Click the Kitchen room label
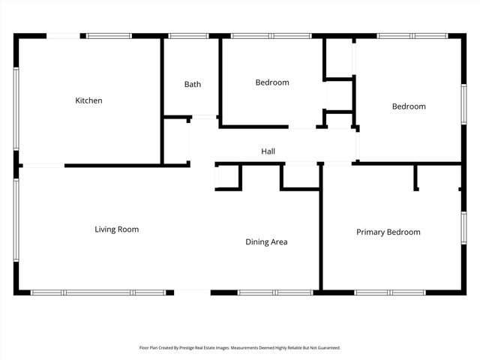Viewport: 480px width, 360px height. [88, 100]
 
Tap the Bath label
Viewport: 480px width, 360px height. [193, 85]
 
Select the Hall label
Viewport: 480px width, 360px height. [268, 151]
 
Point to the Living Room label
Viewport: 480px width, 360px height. [116, 229]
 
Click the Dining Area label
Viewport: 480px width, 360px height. [266, 242]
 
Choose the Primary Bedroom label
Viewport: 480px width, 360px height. [388, 232]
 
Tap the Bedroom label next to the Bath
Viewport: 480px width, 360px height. [271, 82]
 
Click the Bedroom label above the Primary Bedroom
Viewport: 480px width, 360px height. [409, 106]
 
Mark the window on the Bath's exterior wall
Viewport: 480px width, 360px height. [187, 35]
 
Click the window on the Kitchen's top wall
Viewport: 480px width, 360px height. [109, 35]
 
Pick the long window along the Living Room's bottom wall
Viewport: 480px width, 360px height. [97, 292]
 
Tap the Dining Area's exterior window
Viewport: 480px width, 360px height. [274, 292]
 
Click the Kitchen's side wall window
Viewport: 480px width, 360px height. [16, 109]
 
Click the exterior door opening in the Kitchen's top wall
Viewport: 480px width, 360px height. [65, 35]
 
